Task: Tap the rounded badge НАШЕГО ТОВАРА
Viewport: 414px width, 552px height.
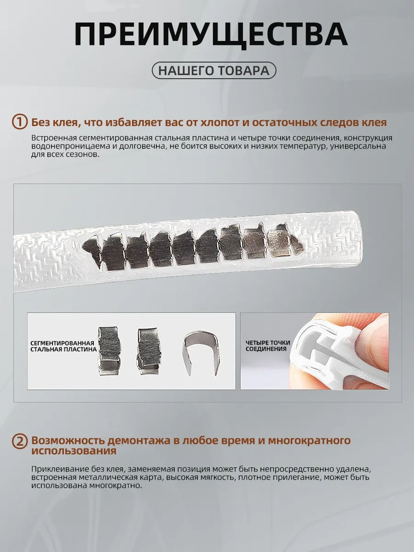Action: (214, 70)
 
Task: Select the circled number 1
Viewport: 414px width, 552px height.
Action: (20, 122)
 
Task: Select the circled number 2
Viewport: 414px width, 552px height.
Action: (20, 441)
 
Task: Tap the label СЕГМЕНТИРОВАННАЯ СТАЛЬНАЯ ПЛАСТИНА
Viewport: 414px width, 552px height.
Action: (63, 346)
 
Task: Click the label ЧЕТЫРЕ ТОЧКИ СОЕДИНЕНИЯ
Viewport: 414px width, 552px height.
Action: (268, 346)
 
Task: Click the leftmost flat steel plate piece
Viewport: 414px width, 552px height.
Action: (109, 351)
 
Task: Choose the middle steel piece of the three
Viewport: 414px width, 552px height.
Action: (148, 351)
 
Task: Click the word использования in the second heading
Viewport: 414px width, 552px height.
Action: (74, 451)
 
